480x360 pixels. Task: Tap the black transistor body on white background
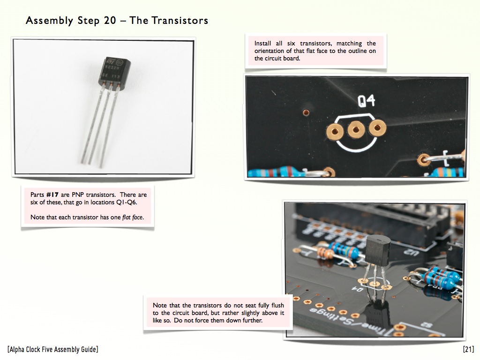pos(114,74)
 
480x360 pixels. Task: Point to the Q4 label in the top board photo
pos(367,101)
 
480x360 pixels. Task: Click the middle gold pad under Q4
pos(356,130)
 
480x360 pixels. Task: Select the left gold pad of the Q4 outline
pos(335,132)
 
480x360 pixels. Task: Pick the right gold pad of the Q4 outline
pos(377,127)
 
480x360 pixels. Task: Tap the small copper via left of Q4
pos(306,112)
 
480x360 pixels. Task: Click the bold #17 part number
pos(52,195)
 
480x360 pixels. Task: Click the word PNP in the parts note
pos(78,195)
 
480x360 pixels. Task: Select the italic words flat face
pos(133,217)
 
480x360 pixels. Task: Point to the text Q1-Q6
pos(126,202)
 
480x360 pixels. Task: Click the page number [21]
pos(468,349)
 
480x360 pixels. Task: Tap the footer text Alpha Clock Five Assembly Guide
pos(53,349)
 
